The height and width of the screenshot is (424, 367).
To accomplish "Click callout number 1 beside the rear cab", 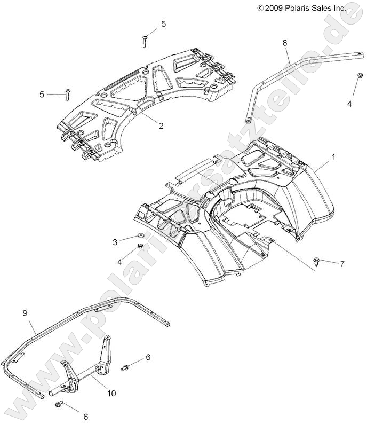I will [x=334, y=157].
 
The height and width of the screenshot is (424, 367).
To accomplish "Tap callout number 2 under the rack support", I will [x=146, y=126].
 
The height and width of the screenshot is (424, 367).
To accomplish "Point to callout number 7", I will [x=342, y=264].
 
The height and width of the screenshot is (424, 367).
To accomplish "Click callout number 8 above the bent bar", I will [x=284, y=42].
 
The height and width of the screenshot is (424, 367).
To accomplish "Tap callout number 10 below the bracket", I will [x=111, y=394].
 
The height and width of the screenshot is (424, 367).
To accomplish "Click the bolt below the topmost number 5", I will [x=145, y=39].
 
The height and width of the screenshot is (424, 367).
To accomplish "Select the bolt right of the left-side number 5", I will [x=68, y=95].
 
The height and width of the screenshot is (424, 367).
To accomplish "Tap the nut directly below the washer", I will [x=140, y=246].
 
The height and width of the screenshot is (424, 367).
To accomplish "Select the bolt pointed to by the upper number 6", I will [x=126, y=367].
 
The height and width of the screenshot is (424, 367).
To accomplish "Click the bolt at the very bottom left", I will [x=59, y=405].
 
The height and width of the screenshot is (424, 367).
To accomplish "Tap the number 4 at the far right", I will [x=349, y=104].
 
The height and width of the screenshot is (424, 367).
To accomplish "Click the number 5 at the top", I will [x=163, y=23].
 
